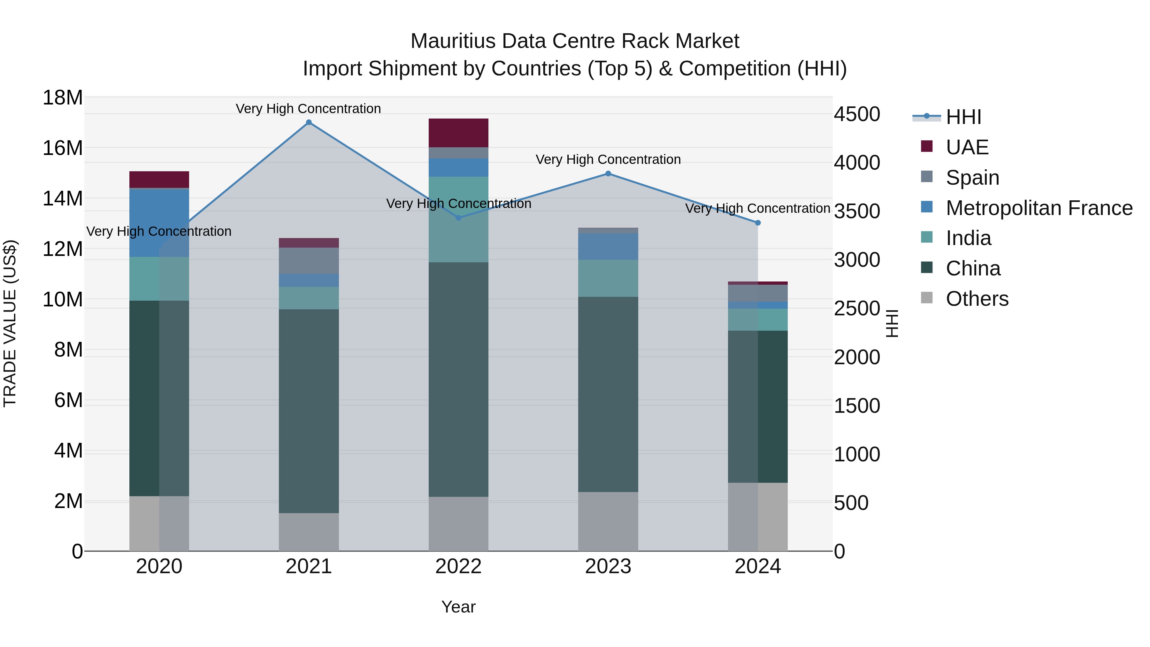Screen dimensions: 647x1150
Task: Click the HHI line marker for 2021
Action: tap(309, 122)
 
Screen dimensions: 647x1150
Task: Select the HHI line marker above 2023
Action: tap(608, 174)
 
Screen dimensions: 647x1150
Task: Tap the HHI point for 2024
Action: tap(758, 223)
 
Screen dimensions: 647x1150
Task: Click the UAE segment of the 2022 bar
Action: tap(458, 133)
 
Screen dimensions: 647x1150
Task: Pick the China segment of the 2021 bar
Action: tap(309, 411)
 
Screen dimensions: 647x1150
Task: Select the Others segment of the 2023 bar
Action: tap(608, 521)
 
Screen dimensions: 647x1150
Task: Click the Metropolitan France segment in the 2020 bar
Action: tap(159, 222)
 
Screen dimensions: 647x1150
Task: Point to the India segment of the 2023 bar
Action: tap(608, 278)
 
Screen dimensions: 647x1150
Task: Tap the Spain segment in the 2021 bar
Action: tap(309, 260)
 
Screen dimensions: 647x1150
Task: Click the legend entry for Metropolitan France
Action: tap(1039, 208)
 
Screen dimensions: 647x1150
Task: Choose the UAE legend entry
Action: tap(967, 147)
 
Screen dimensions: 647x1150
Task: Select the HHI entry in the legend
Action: tap(963, 117)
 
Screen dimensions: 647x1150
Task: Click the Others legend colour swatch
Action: tap(927, 298)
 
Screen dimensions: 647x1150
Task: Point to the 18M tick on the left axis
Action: tap(63, 97)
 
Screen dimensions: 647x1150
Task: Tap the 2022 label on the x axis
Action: tap(458, 566)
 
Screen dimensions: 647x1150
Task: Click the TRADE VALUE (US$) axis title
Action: tap(10, 323)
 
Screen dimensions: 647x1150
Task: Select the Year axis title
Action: tap(458, 607)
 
